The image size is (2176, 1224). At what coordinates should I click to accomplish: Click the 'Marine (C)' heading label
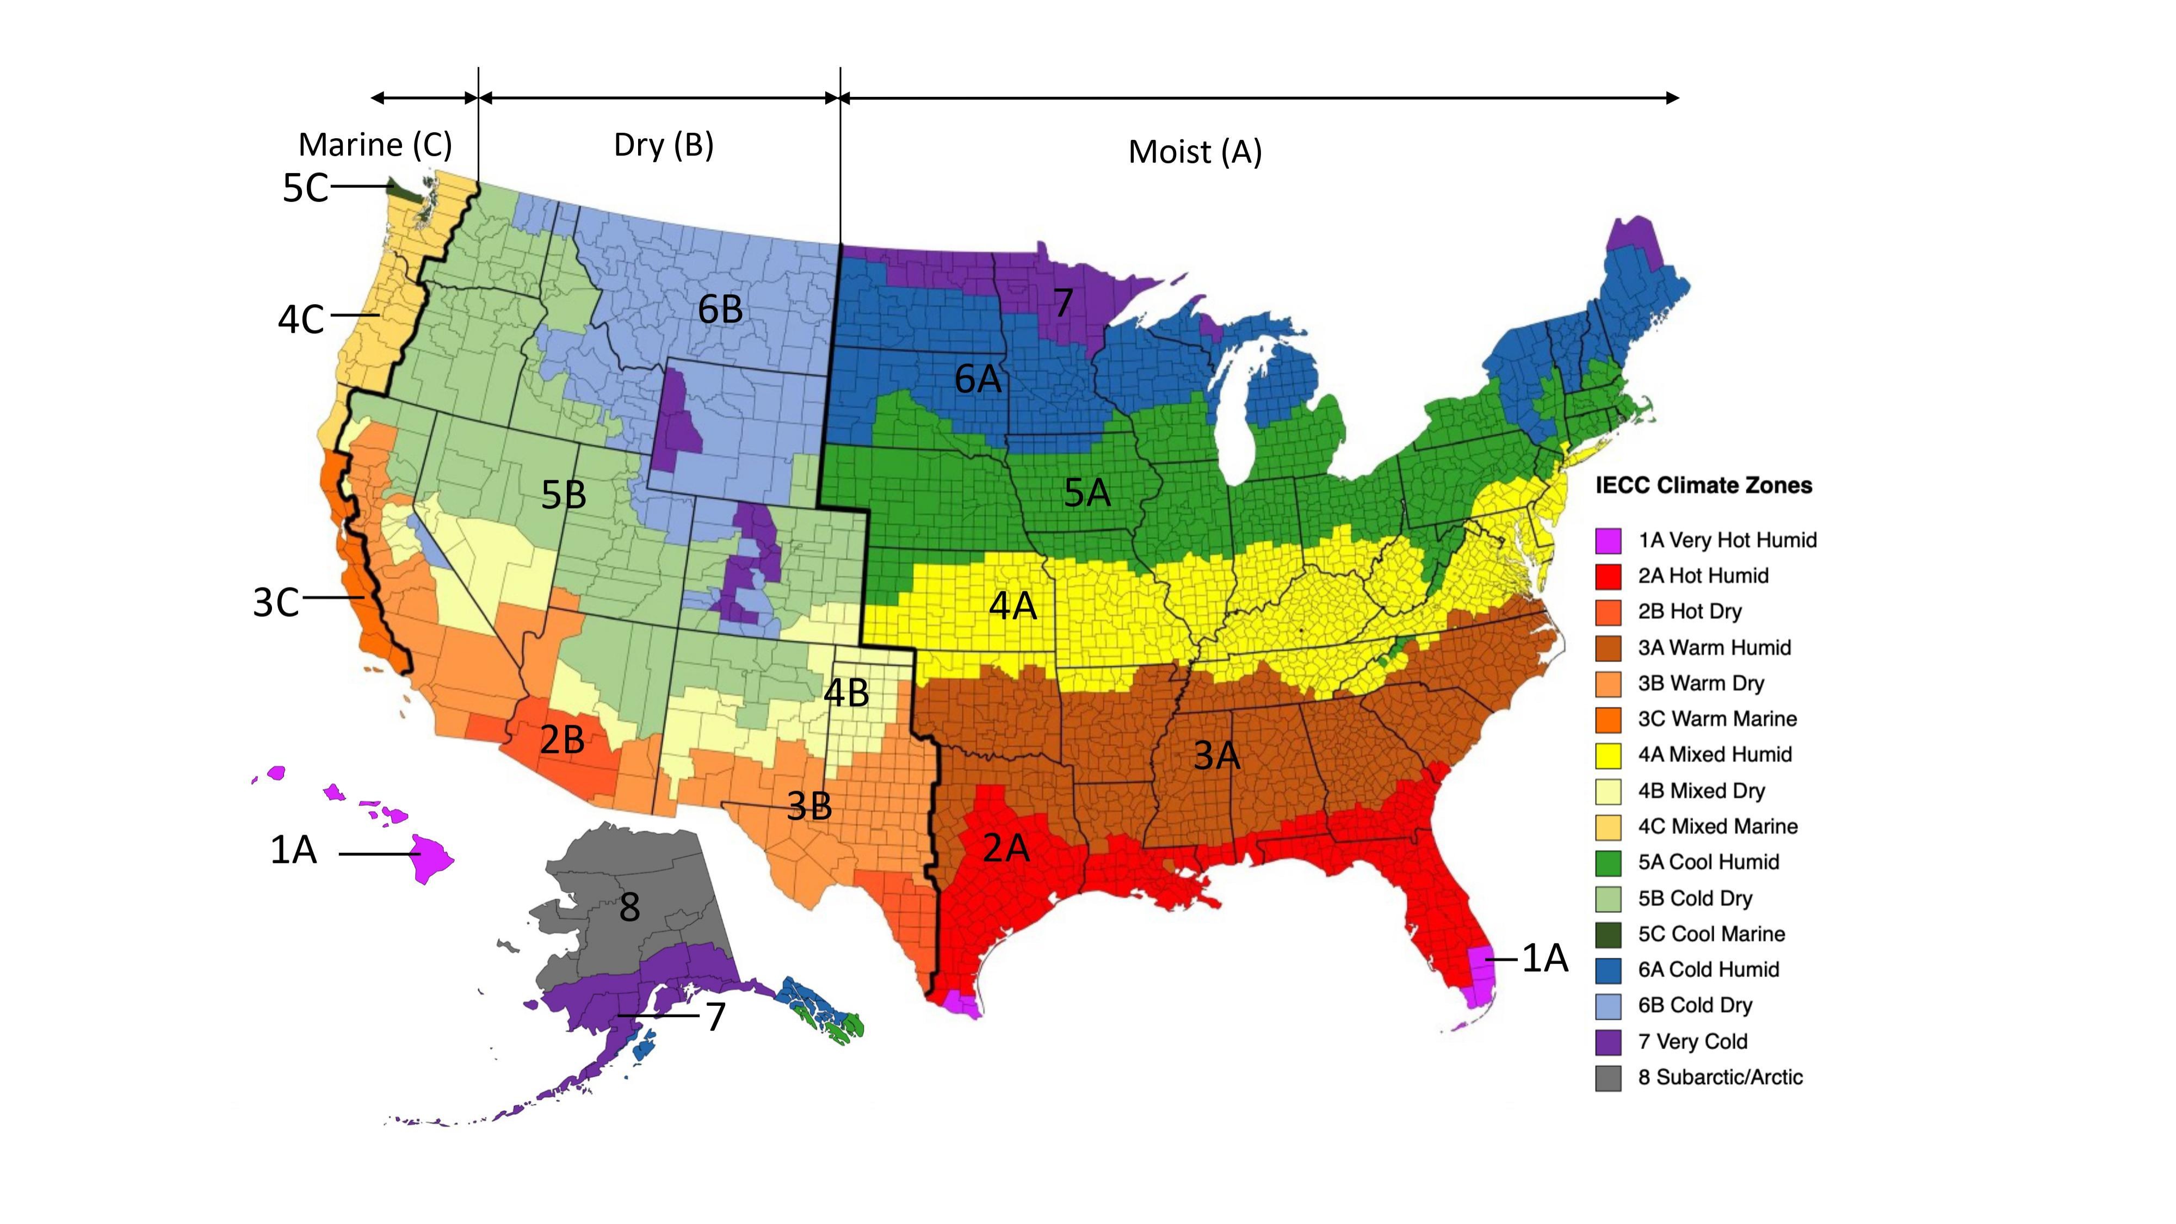point(375,145)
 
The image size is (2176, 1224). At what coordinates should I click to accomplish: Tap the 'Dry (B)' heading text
point(663,145)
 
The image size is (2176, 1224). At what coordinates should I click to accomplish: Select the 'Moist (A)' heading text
point(1195,152)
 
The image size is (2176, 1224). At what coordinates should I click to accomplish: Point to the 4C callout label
point(301,319)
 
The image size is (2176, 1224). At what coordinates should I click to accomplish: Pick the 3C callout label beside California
point(275,602)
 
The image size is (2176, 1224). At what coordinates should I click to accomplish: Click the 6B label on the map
point(720,309)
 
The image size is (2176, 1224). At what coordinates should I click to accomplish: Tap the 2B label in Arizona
point(562,740)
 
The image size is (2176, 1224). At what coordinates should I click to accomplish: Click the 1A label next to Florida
point(1544,958)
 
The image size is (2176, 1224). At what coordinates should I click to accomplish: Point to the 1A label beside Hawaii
point(293,849)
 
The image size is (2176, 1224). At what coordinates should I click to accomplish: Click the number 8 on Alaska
point(629,907)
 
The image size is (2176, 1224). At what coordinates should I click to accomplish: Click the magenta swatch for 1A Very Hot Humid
point(1609,541)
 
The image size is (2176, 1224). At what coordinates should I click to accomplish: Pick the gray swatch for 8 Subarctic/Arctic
point(1609,1078)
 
